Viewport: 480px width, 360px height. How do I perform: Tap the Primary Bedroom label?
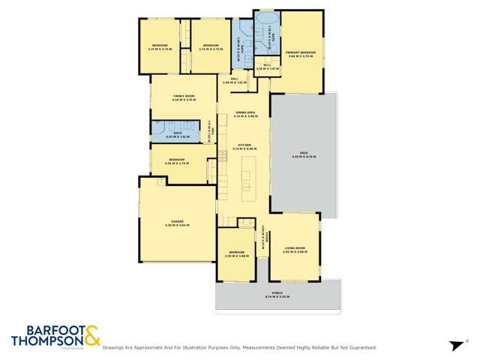point(301,52)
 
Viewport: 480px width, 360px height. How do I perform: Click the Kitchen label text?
point(245,146)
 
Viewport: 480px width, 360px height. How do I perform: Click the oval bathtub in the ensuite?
point(265,19)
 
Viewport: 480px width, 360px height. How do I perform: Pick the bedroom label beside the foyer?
point(235,254)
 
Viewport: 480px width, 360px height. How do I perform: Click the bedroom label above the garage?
point(178,160)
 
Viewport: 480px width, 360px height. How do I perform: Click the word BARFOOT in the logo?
point(44,330)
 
